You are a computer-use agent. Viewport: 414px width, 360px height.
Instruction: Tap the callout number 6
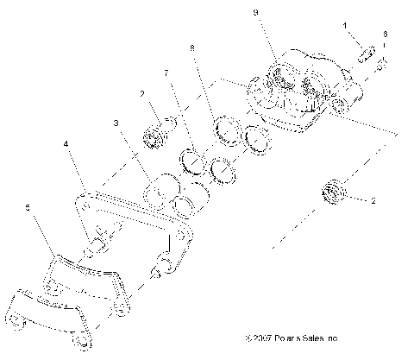point(385,34)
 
